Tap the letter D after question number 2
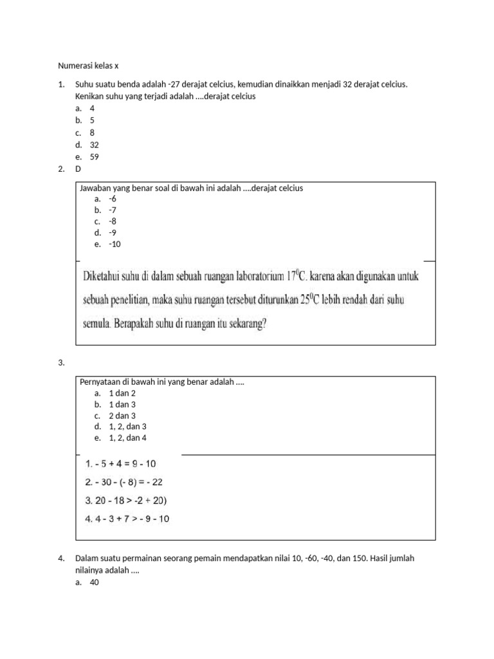78,169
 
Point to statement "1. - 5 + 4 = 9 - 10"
120,463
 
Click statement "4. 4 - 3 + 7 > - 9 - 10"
127,519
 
